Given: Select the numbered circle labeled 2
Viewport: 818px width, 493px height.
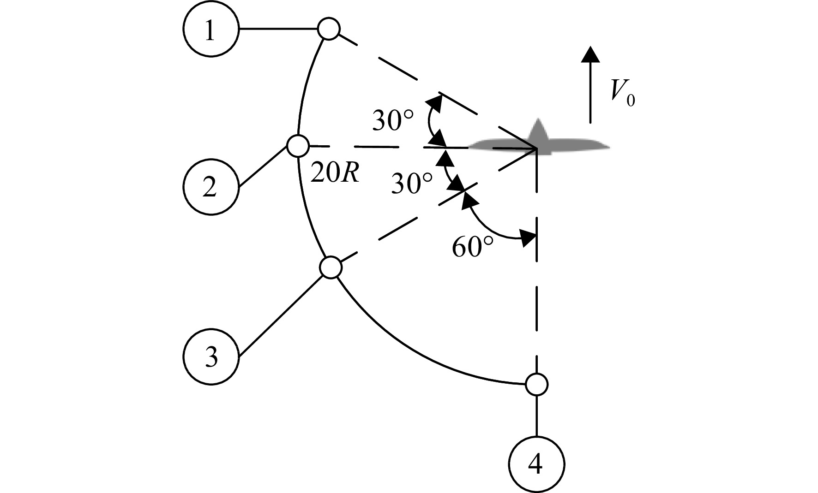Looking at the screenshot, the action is coord(211,187).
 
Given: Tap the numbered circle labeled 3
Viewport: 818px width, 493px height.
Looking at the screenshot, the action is coord(211,356).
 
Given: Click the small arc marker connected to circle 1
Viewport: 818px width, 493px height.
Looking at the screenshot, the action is coord(329,29).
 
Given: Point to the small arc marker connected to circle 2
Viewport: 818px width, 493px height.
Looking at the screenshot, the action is coord(298,146).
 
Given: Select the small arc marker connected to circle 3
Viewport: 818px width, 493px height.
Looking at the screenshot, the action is coord(331,267).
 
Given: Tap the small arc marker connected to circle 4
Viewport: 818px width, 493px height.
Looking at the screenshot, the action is coord(536,384).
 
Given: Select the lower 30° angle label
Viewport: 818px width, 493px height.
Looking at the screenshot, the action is coord(411,184).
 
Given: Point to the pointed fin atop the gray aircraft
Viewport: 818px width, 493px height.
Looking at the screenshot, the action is coord(537,130).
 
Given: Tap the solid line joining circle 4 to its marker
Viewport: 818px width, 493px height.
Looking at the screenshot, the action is coord(537,416).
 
